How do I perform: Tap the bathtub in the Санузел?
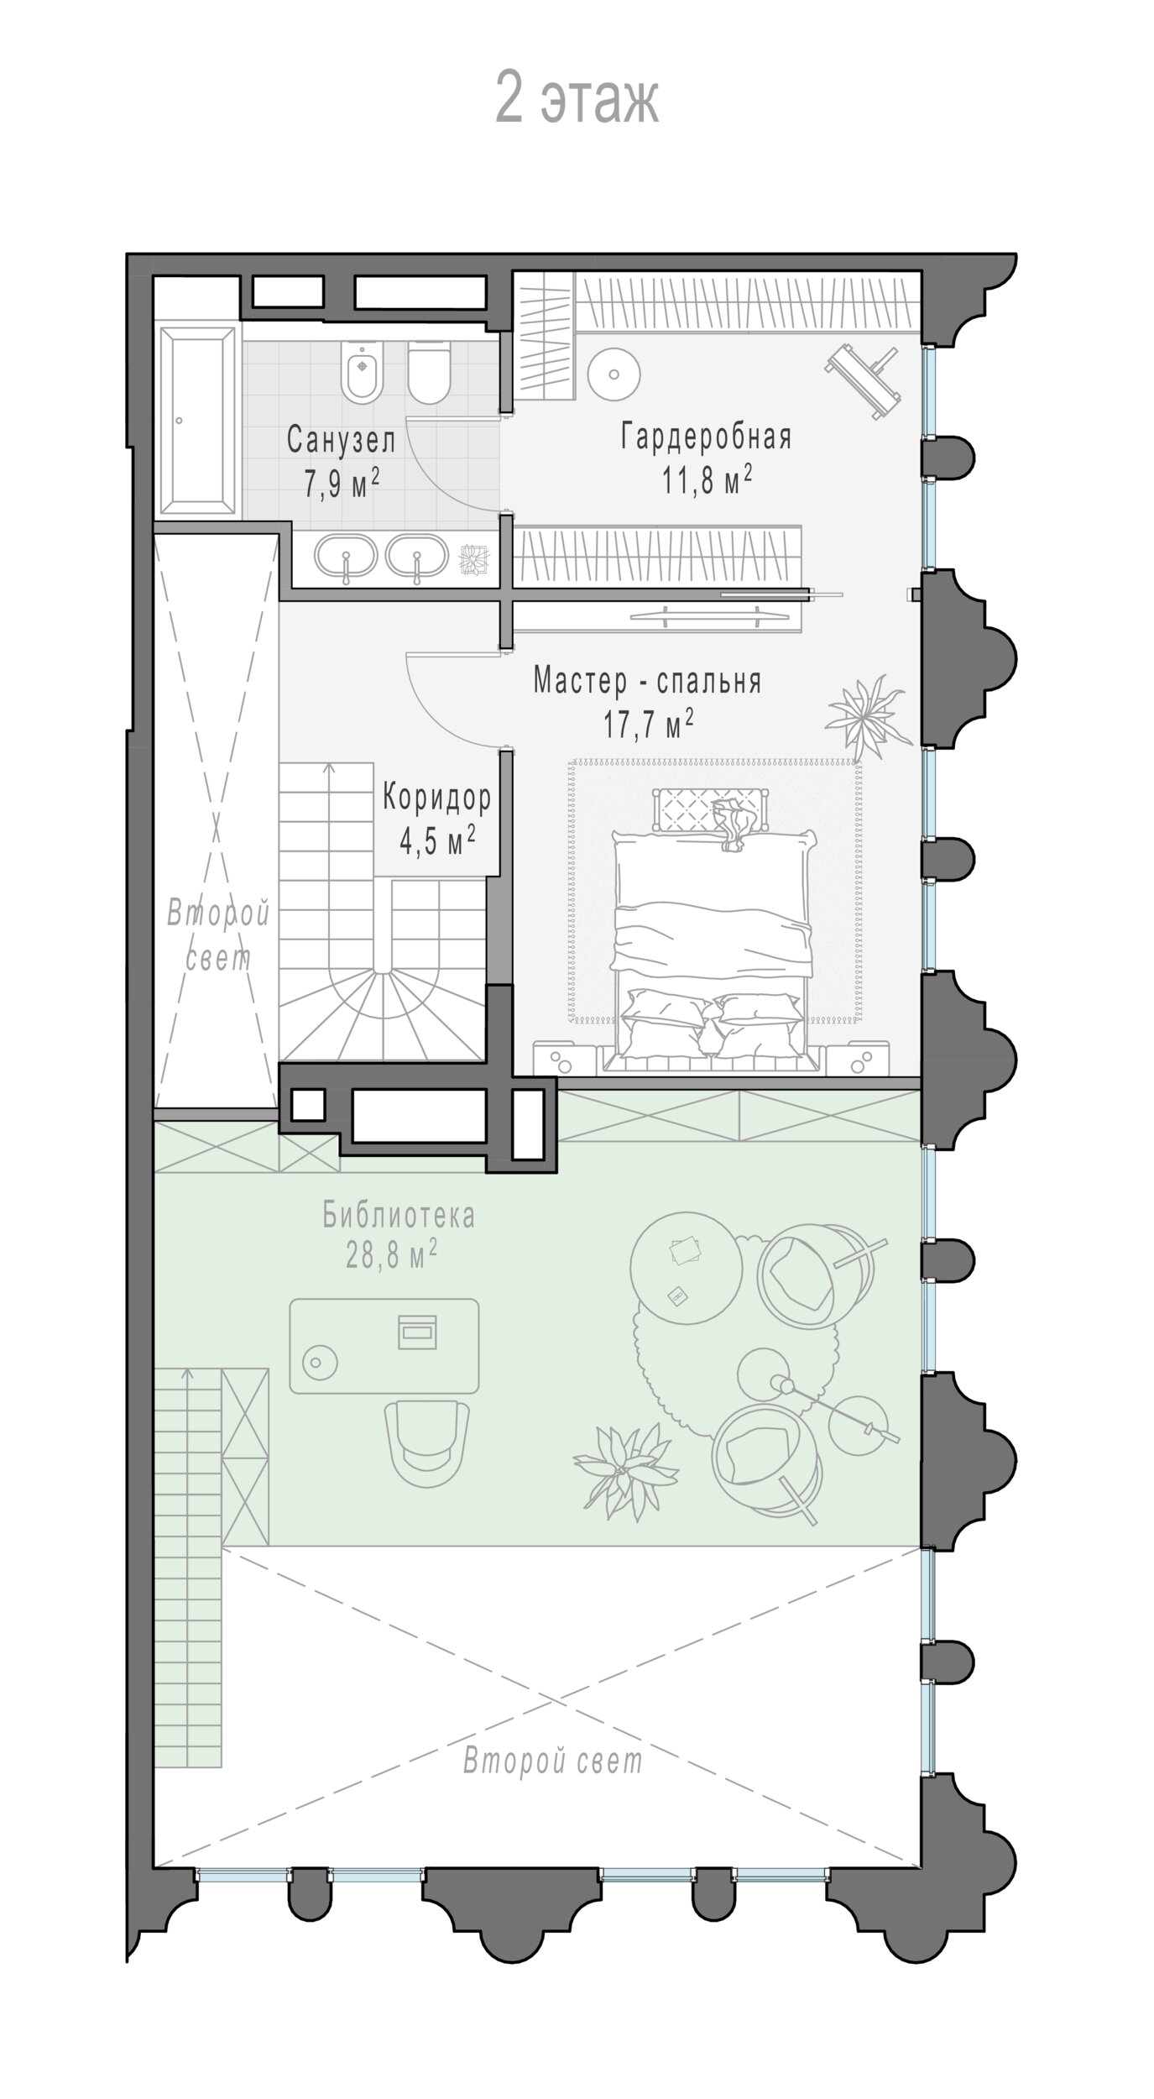pos(199,421)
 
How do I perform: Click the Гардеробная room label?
pos(707,437)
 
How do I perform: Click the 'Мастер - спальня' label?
pos(647,681)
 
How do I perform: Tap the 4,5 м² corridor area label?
pos(437,839)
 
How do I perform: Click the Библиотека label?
pos(399,1215)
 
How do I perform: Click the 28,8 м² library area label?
pos(391,1255)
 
